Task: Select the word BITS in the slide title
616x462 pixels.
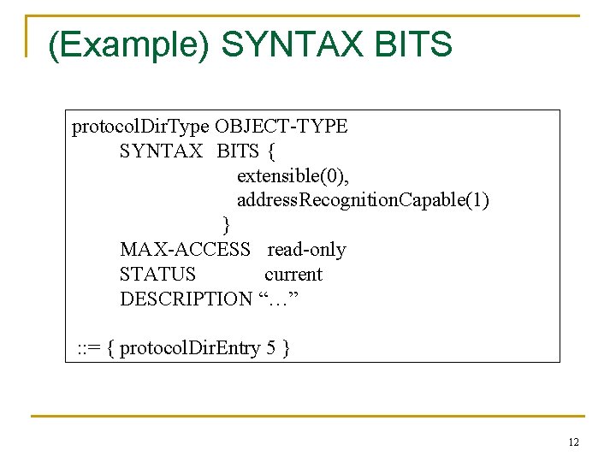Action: coord(413,44)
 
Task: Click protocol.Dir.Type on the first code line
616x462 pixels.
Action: coord(140,127)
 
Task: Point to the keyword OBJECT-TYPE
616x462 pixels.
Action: coord(281,127)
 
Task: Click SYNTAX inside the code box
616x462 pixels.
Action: coord(162,152)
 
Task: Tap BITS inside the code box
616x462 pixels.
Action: coord(238,152)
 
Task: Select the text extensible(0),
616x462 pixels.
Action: coord(293,176)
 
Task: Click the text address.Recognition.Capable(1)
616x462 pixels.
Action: coord(363,201)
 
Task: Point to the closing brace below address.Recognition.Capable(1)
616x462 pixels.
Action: coord(227,225)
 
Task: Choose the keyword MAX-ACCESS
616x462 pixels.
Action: coord(185,250)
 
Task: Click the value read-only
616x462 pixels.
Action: coord(306,250)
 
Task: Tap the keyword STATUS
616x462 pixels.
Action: coord(157,275)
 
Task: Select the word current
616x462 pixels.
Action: coord(293,275)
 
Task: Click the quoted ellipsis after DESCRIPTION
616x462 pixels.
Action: coord(279,299)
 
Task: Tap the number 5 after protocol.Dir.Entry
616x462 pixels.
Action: coord(270,348)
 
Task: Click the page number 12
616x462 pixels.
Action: coord(573,442)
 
